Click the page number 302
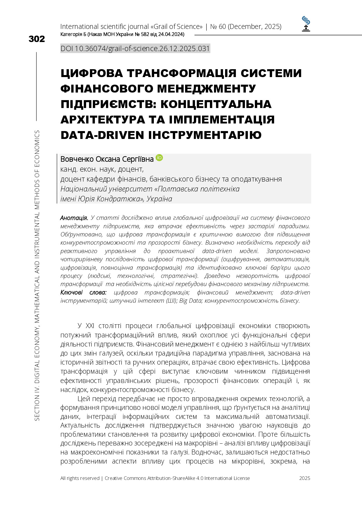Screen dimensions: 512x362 pos(37,39)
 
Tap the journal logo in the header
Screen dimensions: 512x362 pos(306,24)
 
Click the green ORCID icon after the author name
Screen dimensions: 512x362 pos(159,158)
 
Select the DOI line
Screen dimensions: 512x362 pos(135,48)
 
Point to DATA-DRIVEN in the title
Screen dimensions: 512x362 pos(102,135)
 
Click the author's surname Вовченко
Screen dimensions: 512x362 pos(77,159)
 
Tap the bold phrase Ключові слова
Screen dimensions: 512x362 pos(83,292)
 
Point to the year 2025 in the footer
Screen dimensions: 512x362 pos(304,478)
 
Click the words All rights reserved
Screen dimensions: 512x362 pos(80,478)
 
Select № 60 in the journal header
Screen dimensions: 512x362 pos(218,27)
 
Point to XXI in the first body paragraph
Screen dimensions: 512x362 pos(90,326)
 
